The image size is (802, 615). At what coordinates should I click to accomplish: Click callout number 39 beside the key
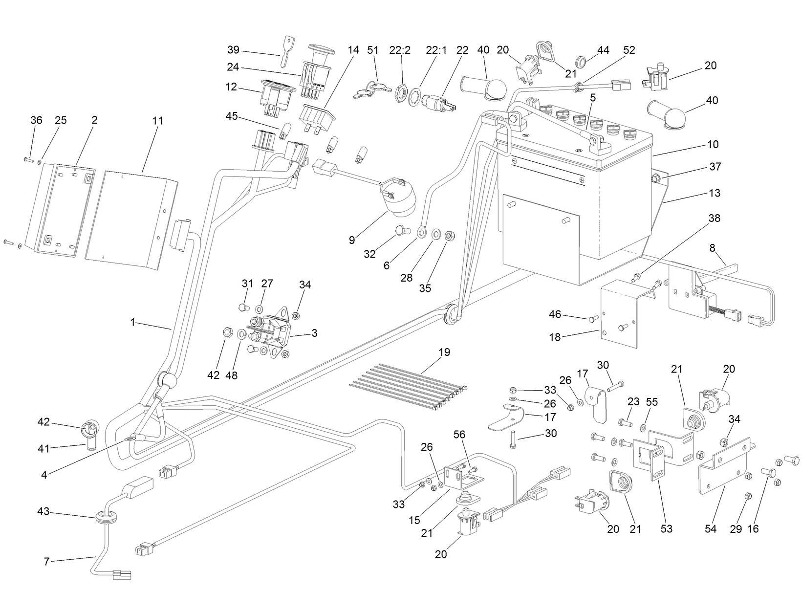(233, 50)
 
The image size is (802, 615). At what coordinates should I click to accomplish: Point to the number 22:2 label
(400, 50)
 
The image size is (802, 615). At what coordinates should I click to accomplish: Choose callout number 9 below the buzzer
(352, 240)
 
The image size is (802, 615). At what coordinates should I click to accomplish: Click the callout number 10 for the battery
(713, 144)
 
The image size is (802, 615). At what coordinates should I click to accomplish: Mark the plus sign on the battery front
(582, 180)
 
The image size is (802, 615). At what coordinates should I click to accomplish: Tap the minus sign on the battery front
(514, 160)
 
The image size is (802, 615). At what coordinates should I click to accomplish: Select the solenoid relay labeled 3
(269, 332)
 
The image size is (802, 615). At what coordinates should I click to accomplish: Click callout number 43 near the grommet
(43, 511)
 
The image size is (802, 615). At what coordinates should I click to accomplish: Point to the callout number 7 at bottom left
(46, 562)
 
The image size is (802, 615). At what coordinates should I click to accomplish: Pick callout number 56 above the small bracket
(459, 434)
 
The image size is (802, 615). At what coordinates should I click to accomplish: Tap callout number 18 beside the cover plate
(555, 337)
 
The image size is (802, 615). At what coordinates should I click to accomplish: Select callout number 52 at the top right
(629, 50)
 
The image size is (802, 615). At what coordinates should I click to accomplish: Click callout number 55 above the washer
(652, 402)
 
